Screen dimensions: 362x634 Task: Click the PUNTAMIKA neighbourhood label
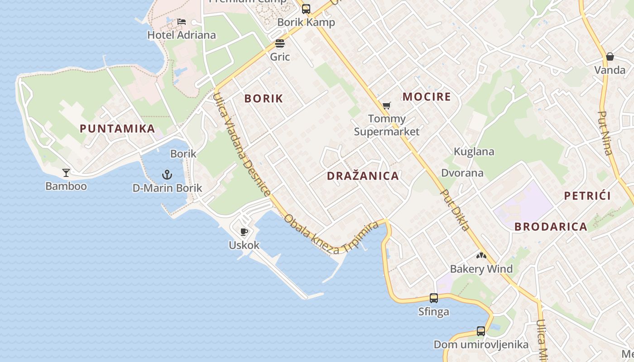[117, 129]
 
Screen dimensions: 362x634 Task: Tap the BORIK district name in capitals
[264, 99]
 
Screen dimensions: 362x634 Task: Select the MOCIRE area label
[427, 96]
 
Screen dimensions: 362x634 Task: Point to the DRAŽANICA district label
[363, 176]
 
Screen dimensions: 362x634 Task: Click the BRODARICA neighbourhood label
[551, 227]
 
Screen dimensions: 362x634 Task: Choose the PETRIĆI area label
[587, 196]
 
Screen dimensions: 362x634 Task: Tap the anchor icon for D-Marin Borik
[168, 175]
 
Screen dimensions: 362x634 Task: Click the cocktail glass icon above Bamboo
[66, 172]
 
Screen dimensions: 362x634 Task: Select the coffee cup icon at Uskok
[244, 232]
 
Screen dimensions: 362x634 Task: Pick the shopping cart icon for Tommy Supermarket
[386, 105]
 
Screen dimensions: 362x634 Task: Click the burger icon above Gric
[280, 44]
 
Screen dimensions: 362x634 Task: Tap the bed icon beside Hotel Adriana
[182, 21]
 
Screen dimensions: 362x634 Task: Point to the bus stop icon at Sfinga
[434, 298]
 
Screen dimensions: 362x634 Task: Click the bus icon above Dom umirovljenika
[481, 331]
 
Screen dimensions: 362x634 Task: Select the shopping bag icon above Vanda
[610, 57]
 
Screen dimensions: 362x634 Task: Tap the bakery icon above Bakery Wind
[481, 256]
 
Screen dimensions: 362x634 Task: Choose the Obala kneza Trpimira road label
[331, 233]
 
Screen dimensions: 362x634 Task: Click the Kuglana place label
[474, 152]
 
